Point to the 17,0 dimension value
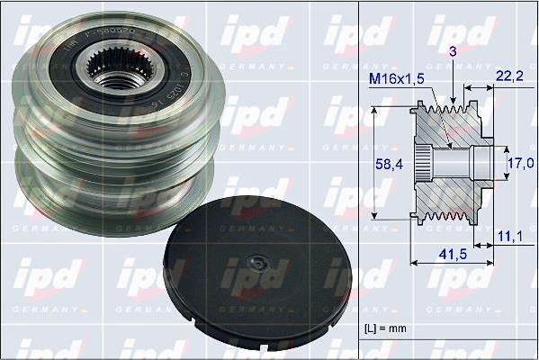tap(521, 164)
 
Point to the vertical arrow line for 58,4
tap(375, 162)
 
